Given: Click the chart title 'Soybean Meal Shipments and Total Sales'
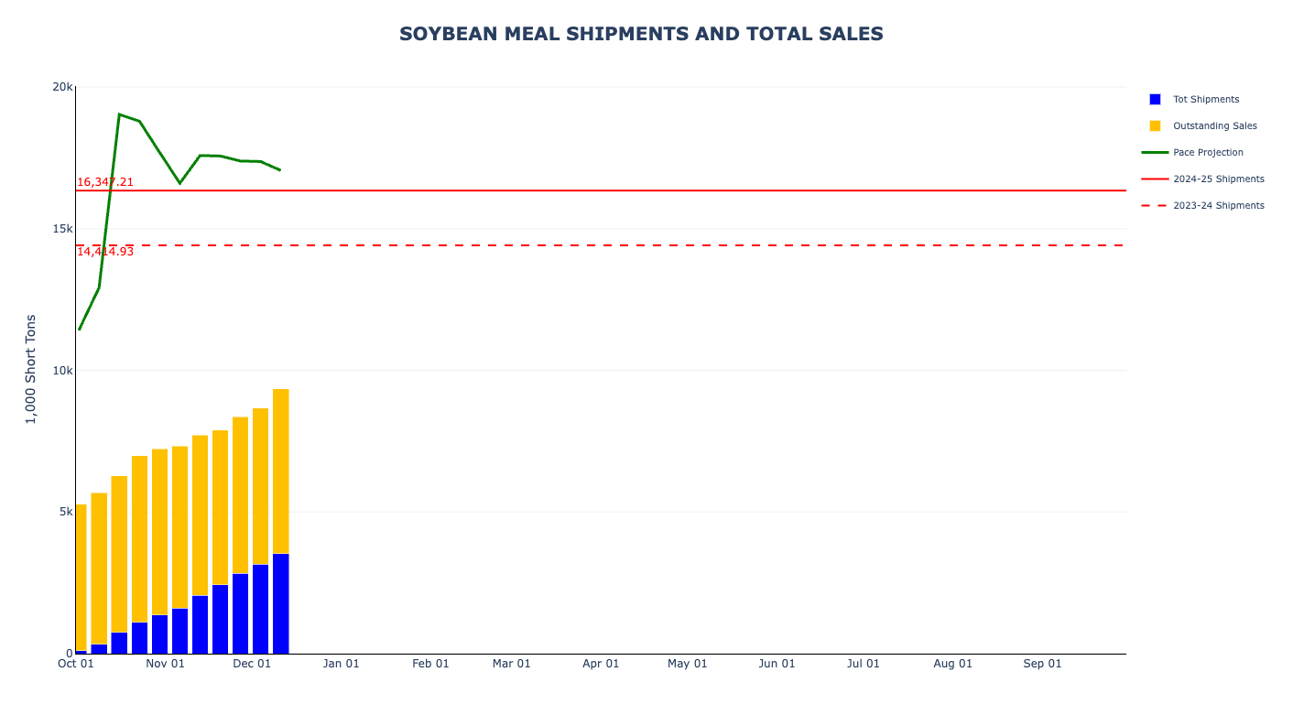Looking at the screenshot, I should point(641,34).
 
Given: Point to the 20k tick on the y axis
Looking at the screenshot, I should point(62,87).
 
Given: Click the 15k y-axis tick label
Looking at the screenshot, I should point(62,229).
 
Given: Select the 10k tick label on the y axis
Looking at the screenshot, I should point(62,370).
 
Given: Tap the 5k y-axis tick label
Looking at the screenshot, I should point(65,512).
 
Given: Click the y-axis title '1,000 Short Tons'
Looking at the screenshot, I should point(31,369).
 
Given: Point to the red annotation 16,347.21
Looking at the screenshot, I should point(105,182).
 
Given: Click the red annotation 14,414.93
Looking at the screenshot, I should point(105,252).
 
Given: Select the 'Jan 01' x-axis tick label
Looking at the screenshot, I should point(342,664).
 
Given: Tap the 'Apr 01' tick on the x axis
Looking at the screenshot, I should point(601,664).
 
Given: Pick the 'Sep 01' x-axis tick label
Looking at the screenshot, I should point(1042,664).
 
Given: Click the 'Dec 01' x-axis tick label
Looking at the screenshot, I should point(252,664).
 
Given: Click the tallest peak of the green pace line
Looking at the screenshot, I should point(119,114).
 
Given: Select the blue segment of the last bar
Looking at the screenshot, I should point(280,603).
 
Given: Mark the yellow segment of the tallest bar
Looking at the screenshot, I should point(280,471).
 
